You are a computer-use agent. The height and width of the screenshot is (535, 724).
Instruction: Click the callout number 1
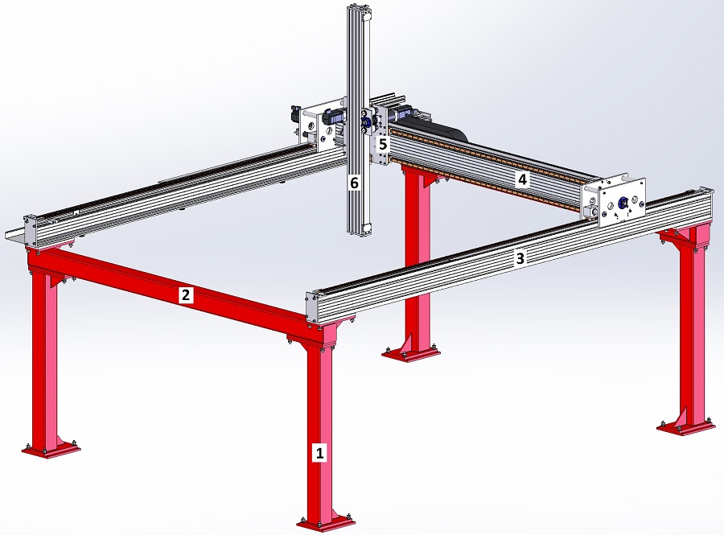pyautogui.click(x=319, y=452)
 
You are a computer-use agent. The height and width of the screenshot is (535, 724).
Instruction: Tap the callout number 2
pyautogui.click(x=186, y=294)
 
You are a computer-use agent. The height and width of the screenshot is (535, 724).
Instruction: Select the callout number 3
pyautogui.click(x=520, y=258)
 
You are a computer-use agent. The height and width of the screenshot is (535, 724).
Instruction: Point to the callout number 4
pyautogui.click(x=522, y=179)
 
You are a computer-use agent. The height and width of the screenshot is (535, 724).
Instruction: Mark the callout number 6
pyautogui.click(x=354, y=183)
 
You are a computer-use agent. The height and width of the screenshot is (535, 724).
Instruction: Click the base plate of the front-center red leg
pyautogui.click(x=327, y=523)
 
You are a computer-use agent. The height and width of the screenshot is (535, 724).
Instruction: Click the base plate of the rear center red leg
pyautogui.click(x=410, y=353)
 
